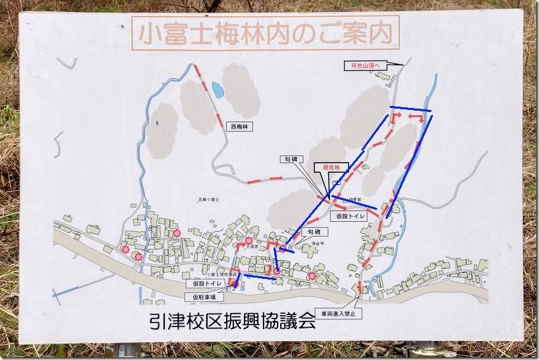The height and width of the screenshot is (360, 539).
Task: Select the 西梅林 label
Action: point(239,125)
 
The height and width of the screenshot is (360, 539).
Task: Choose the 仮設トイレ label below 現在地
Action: point(351,217)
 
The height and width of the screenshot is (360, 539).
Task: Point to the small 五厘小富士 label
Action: point(209,200)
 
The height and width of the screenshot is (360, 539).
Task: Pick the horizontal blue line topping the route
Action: point(410,109)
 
